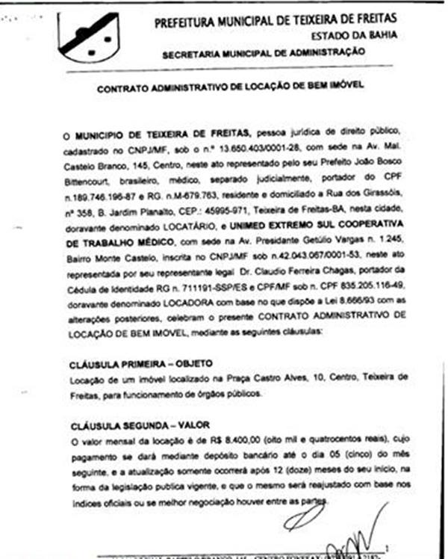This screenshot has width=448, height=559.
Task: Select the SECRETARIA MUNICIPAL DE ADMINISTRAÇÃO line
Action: coord(264,53)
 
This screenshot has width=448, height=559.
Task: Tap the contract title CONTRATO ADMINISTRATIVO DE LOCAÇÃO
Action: coord(231,87)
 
